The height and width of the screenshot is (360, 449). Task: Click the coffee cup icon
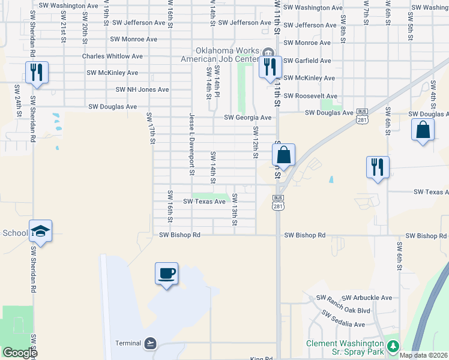tap(166, 274)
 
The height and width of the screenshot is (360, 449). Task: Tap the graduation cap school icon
tap(40, 231)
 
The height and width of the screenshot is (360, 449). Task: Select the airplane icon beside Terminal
tap(151, 343)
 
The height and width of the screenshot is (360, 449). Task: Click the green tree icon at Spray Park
tap(393, 346)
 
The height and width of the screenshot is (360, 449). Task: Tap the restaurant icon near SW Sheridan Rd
tap(37, 73)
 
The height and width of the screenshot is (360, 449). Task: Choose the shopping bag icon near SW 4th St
tap(423, 130)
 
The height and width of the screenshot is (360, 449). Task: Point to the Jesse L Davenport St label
tap(192, 144)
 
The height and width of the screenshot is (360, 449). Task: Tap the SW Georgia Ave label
tap(247, 118)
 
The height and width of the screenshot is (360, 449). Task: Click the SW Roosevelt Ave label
tap(310, 96)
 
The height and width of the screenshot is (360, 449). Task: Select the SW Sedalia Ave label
tap(343, 320)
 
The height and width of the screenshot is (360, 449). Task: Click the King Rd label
tap(261, 358)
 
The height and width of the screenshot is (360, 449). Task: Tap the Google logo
tap(20, 353)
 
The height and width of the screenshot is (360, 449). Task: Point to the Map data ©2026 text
tap(423, 355)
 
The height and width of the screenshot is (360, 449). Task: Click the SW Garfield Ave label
tap(307, 61)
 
